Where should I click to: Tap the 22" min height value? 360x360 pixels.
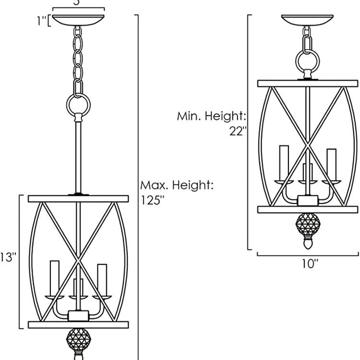(238, 131)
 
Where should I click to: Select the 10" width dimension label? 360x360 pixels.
(310, 264)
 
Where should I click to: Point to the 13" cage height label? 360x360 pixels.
(8, 258)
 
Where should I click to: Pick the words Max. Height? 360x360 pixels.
(177, 185)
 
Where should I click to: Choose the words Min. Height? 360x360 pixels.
(212, 116)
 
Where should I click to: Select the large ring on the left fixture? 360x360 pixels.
(78, 103)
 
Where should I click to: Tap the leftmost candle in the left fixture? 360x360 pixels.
(54, 276)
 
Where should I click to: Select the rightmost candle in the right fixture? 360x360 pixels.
(331, 164)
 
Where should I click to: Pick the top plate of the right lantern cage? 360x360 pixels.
(308, 84)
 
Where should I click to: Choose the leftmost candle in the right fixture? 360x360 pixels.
(283, 161)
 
